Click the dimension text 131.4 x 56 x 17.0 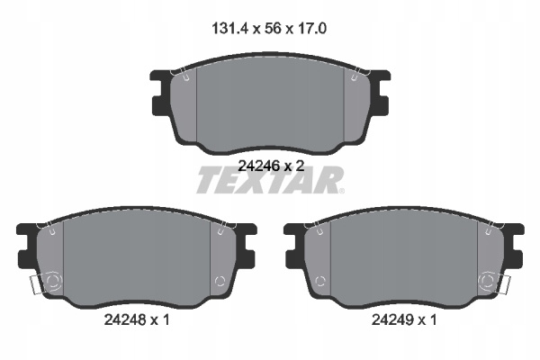tap(269, 29)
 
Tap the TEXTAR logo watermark tap(269, 180)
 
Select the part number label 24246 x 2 tap(272, 166)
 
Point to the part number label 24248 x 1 tap(137, 320)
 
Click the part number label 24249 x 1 tap(404, 320)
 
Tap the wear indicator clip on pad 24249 tap(503, 285)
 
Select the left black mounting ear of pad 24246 tap(160, 93)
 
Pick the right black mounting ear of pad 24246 tap(380, 93)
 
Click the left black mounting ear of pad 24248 tap(27, 246)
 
